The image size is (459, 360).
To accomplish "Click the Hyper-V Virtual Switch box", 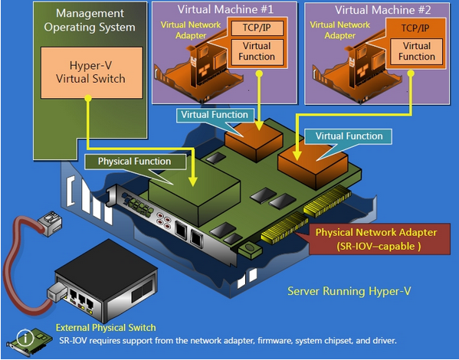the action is [x=92, y=73].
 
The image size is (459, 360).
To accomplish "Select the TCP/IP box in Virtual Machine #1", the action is [x=257, y=28].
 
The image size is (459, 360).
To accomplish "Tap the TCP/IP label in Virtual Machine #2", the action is [x=415, y=28].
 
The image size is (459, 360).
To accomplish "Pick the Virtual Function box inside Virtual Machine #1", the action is [x=257, y=52].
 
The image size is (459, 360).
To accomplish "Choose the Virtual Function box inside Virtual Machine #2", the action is [x=417, y=52].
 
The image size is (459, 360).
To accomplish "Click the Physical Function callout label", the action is [x=135, y=162].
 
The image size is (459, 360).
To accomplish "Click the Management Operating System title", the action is [x=90, y=20].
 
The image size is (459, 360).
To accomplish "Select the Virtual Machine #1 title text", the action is [x=225, y=10].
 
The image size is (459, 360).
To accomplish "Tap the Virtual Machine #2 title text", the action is [x=383, y=10].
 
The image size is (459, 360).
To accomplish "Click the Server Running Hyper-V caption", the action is [x=349, y=291].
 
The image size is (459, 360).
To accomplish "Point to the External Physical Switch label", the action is [x=106, y=328].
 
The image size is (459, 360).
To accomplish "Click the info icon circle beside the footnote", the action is [x=25, y=338].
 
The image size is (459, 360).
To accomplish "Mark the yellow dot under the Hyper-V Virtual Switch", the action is [x=88, y=98].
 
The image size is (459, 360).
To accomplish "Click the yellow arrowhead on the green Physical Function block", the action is [x=192, y=182].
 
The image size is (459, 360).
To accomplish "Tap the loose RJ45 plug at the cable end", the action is [x=50, y=223].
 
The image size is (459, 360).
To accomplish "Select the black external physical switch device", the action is [x=106, y=280].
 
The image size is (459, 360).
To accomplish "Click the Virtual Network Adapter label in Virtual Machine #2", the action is [x=340, y=30].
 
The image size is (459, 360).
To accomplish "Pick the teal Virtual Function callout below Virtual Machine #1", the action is [x=215, y=115].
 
